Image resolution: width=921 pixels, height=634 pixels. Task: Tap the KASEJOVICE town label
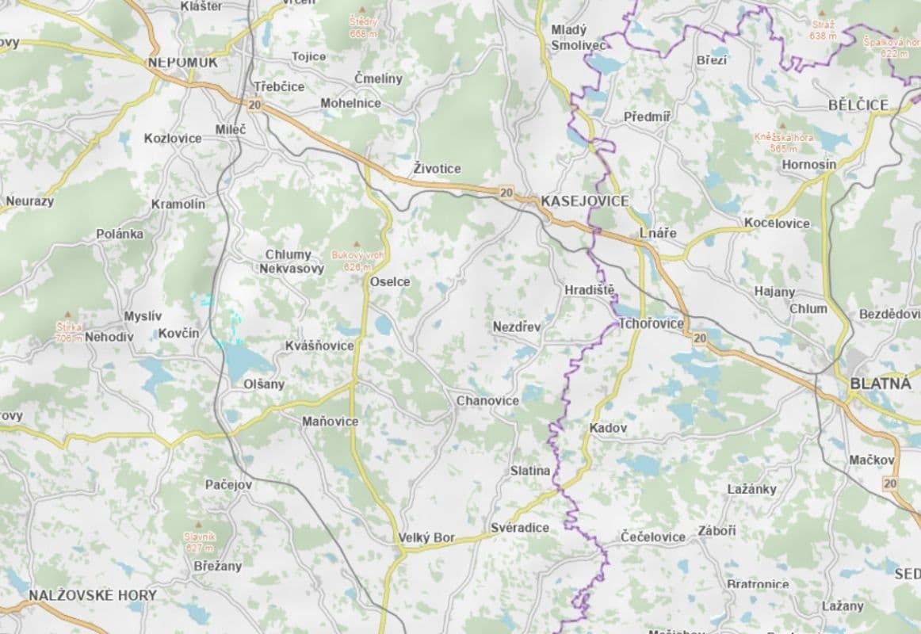[x=584, y=201]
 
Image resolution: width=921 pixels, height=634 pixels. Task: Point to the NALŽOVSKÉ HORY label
[x=93, y=594]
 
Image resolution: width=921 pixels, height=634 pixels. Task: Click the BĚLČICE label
[x=858, y=105]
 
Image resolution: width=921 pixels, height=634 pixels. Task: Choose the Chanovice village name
[x=487, y=401]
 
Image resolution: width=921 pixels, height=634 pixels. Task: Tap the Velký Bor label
[x=426, y=538]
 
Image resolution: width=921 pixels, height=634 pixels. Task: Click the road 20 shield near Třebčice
[x=254, y=104]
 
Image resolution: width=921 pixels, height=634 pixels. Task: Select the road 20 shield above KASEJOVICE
[x=506, y=192]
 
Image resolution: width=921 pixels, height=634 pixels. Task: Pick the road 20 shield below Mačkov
[x=890, y=483]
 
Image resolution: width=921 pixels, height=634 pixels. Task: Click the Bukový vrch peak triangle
[x=356, y=243]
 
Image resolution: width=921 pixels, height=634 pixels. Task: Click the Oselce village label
[x=390, y=281]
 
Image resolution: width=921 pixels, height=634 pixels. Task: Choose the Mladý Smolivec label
[x=578, y=37]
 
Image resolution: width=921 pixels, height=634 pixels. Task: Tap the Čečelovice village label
[x=653, y=537]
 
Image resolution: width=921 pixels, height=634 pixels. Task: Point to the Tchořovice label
[x=651, y=323]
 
